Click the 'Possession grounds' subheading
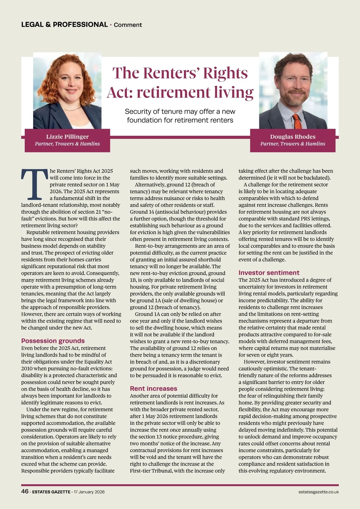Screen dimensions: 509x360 pyautogui.click(x=53, y=341)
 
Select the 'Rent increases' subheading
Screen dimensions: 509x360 pyautogui.click(x=153, y=389)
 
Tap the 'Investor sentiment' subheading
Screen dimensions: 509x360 pyautogui.click(x=269, y=273)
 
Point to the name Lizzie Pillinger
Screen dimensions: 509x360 pyautogui.click(x=67, y=137)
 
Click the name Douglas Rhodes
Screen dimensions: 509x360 pyautogui.click(x=292, y=137)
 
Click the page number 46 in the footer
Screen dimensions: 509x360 pyautogui.click(x=25, y=491)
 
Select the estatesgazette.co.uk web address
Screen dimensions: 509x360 pyautogui.click(x=318, y=492)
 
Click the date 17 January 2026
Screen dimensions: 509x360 pyautogui.click(x=89, y=492)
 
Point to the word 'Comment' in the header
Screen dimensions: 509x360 pyautogui.click(x=128, y=25)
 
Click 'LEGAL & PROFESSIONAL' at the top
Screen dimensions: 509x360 pyautogui.click(x=64, y=25)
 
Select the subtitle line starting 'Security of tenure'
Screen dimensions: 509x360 pyautogui.click(x=180, y=112)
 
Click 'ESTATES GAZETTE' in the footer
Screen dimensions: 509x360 pyautogui.click(x=51, y=492)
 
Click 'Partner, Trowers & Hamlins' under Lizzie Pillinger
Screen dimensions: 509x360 pyautogui.click(x=67, y=144)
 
